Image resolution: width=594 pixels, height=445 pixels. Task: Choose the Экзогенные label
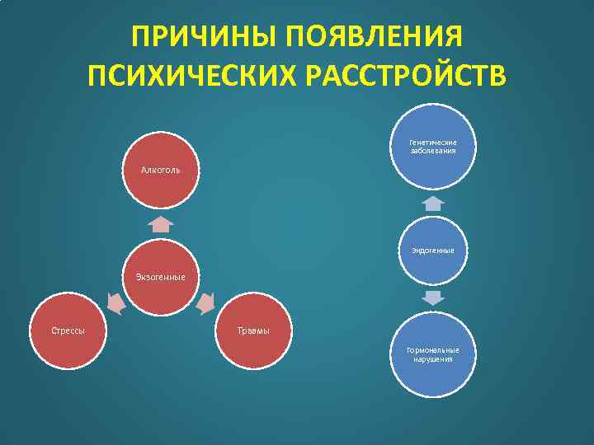click(160, 277)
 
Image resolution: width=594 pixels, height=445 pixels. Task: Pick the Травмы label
click(253, 330)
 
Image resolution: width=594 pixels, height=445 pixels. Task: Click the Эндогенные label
click(433, 250)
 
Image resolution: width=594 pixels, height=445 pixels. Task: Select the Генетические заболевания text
click(433, 147)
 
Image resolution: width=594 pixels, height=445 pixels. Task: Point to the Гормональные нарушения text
click(433, 354)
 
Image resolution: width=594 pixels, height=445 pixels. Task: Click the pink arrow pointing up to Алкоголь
click(160, 223)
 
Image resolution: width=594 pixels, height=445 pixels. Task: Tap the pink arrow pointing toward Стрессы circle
click(115, 303)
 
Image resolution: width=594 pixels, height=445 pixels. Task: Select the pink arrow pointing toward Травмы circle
click(205, 304)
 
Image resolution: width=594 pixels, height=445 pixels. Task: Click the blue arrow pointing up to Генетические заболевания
click(433, 203)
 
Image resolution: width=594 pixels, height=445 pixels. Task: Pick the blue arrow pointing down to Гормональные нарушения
click(433, 297)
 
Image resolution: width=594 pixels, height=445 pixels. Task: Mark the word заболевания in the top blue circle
click(433, 151)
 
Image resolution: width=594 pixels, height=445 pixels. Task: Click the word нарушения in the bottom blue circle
click(433, 359)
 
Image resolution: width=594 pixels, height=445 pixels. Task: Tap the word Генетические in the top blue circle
click(433, 143)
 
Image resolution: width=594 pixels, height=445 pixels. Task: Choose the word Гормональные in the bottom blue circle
click(433, 350)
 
